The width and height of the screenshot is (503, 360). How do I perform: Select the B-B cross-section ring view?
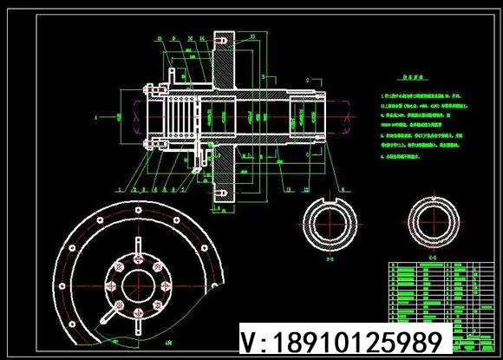tap(328, 223)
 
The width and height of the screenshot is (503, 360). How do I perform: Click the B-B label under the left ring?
tap(328, 258)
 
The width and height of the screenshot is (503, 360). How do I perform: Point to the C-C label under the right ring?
tap(433, 257)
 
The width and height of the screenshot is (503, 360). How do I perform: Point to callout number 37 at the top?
tap(251, 36)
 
